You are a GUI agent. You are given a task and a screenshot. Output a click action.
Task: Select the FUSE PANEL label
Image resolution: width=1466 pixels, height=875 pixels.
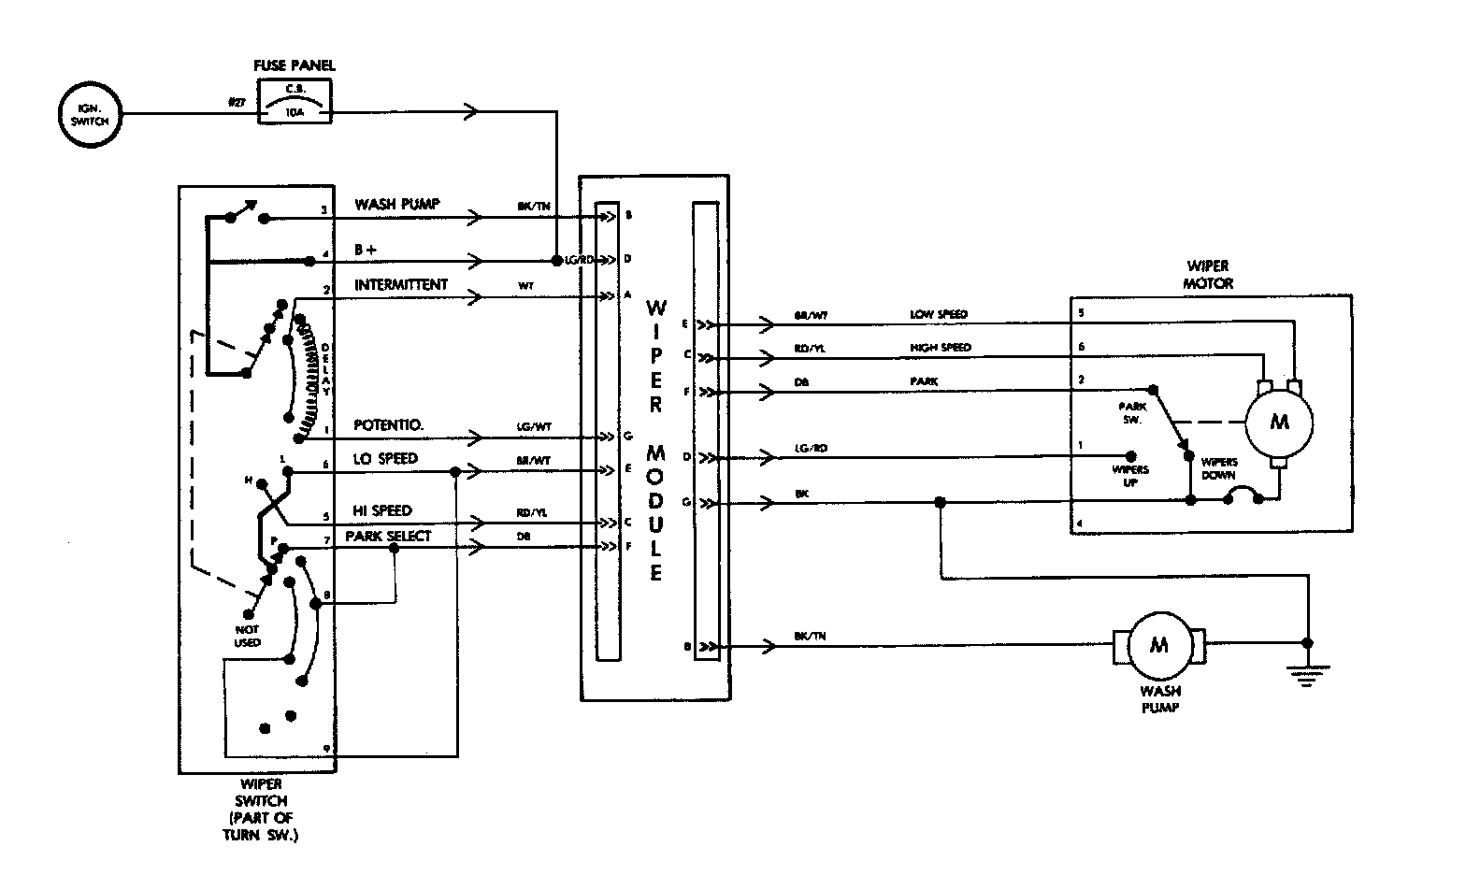click(x=295, y=65)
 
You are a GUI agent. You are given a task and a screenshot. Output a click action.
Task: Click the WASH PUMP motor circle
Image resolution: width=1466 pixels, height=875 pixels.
click(x=1157, y=645)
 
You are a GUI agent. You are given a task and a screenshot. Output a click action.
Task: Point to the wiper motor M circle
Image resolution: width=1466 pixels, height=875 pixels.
click(x=1279, y=422)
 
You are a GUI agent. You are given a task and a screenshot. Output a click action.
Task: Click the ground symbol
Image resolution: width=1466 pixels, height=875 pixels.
click(x=1306, y=671)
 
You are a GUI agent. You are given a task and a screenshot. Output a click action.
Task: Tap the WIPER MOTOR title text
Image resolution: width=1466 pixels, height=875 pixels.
click(x=1208, y=275)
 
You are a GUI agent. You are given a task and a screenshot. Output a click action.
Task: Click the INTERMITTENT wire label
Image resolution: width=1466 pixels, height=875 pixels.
click(x=400, y=285)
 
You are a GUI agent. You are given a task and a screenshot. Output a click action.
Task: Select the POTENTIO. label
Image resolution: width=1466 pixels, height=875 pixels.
click(x=389, y=425)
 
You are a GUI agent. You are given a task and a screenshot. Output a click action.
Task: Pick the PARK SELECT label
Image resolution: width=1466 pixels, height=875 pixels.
click(x=388, y=536)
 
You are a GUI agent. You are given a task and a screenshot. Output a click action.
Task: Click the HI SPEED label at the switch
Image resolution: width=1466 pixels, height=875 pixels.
click(x=382, y=510)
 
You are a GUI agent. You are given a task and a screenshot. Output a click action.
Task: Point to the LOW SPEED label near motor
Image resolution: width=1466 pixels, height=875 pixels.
click(x=939, y=315)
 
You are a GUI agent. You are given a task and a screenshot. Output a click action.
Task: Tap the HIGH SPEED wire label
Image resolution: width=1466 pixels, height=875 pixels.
click(x=941, y=348)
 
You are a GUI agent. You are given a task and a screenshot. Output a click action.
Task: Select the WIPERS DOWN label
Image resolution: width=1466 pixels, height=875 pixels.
click(x=1219, y=467)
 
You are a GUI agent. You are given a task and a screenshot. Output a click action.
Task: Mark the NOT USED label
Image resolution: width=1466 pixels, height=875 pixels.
click(x=248, y=637)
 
